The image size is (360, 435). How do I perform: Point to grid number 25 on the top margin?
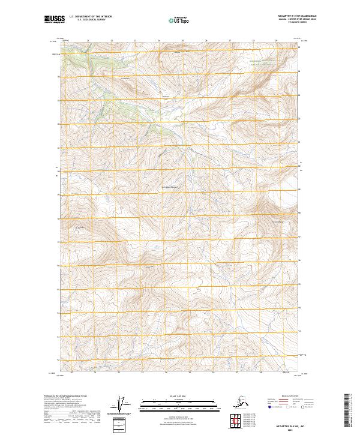point(182,41)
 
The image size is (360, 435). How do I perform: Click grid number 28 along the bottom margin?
point(259,373)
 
